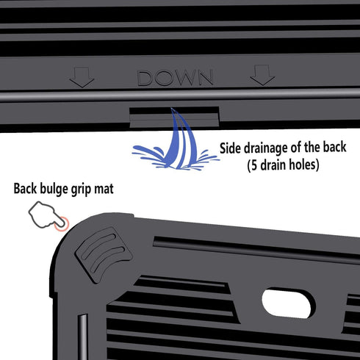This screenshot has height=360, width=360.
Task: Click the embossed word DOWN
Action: point(175,78)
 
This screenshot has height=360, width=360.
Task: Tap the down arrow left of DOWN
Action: point(82,77)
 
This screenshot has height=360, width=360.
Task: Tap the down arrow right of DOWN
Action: point(262,75)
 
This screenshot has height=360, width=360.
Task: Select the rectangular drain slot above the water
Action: point(174,117)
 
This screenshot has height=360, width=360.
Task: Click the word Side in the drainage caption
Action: point(231,148)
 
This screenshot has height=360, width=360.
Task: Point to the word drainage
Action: point(266,148)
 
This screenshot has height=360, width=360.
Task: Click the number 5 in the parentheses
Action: point(254,165)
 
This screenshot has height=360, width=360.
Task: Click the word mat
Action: point(104,189)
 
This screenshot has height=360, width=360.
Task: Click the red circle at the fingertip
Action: point(62,224)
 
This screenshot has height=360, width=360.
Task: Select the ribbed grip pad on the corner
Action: point(104,254)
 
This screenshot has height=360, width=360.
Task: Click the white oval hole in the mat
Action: point(288,303)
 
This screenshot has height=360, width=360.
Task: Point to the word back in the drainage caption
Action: point(334,147)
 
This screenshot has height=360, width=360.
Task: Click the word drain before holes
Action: point(273,165)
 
